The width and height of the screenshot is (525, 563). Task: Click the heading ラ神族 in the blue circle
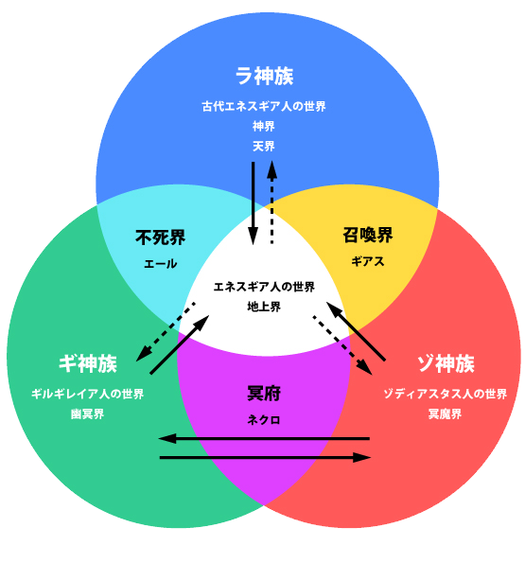point(264,76)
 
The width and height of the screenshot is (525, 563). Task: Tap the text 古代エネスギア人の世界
point(264,106)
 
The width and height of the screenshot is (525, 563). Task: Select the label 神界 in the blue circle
point(264,127)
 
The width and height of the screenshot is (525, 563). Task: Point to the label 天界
point(264,146)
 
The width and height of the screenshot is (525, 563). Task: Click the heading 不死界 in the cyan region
point(160,238)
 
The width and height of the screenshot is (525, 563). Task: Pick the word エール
point(161,264)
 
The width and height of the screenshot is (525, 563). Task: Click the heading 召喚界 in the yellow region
point(367,236)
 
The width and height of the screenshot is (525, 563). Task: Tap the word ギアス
point(367,261)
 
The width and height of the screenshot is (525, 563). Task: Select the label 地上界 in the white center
point(264,307)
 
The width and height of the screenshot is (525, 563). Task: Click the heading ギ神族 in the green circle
point(88,363)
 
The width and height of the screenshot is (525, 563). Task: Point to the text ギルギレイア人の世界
point(88,394)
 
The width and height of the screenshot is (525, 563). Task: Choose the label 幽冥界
point(88,414)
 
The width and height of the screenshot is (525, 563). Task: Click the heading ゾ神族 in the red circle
point(446,363)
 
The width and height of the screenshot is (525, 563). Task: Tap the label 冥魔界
point(445,414)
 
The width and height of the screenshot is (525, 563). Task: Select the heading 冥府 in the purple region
point(264,394)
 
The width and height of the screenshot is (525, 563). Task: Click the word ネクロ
point(264,420)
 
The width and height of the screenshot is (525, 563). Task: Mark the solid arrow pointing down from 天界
point(253,203)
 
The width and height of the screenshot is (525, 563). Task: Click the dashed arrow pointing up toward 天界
point(271,202)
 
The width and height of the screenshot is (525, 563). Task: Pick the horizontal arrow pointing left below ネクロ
point(264,438)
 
